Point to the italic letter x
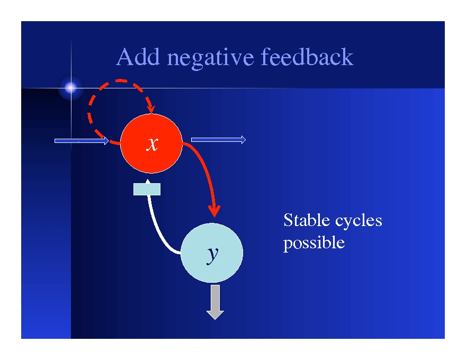(152, 144)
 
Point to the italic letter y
(212, 254)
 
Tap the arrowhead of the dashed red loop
(151, 109)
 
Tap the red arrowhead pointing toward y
(214, 210)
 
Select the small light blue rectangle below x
(147, 189)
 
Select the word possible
(313, 243)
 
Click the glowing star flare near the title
(70, 88)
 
